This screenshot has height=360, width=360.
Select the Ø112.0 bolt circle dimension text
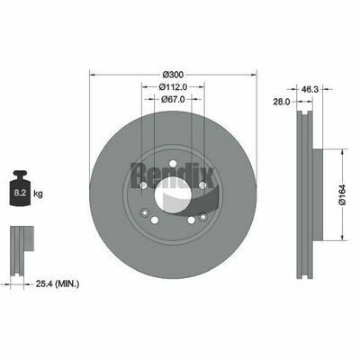173,86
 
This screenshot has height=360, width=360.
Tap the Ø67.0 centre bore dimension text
173,101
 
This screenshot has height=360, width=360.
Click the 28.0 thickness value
282,103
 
